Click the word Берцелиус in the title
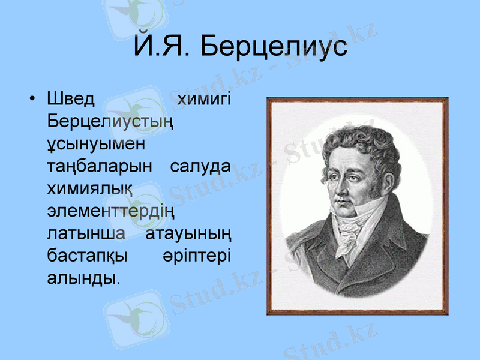coord(274,46)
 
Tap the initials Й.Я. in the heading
coord(163,46)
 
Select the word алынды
coord(82,278)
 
